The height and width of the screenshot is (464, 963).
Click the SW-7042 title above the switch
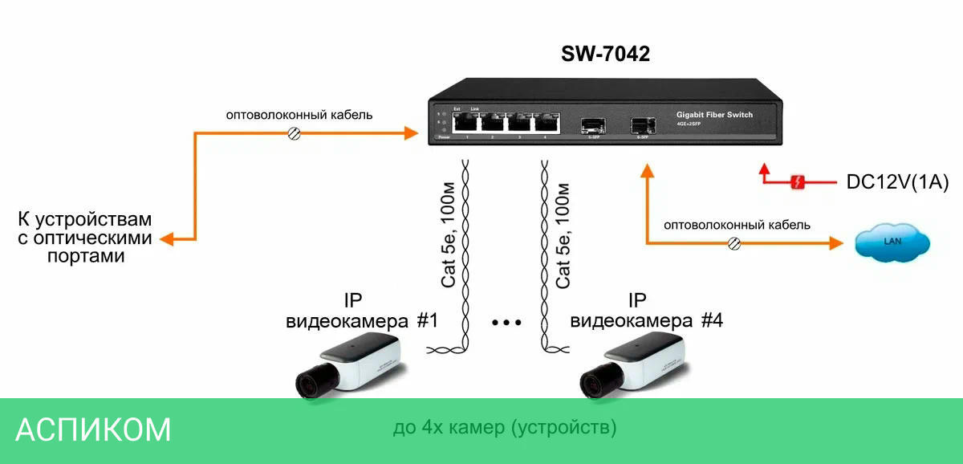pos(605,54)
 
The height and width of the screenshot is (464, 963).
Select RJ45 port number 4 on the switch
pos(547,122)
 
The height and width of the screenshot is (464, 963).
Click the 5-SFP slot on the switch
pos(593,124)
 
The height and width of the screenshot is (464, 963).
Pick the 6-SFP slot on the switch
pos(642,124)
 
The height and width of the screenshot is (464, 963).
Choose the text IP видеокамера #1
pos(361,311)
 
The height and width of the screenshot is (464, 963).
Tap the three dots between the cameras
pos(506,323)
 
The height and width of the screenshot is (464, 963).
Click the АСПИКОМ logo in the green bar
pos(93,429)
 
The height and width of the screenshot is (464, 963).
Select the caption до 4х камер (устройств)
pos(505,428)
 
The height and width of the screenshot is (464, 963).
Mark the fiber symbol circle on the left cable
pos(295,134)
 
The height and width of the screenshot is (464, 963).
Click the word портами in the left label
pos(86,256)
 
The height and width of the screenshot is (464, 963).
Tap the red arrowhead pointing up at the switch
pos(764,170)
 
